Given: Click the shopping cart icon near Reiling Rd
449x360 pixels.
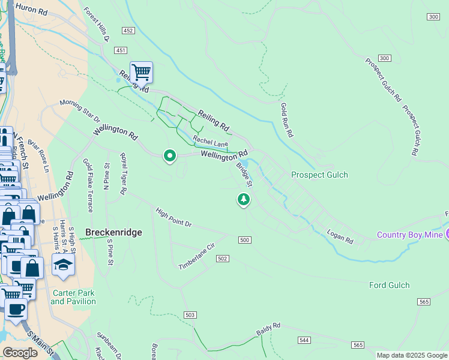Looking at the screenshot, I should click(141, 73).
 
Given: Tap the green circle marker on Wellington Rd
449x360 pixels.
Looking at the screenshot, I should click(170, 156).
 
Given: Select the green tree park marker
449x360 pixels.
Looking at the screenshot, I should click(243, 199).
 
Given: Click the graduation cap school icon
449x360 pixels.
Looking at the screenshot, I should click(62, 264).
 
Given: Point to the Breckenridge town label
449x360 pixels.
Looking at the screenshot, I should click(113, 232).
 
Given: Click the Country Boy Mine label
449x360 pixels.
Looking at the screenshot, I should click(410, 234).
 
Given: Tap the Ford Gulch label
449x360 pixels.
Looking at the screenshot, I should click(389, 285).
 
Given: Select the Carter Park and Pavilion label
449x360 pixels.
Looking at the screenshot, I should click(73, 297).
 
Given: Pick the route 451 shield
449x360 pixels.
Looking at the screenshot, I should click(121, 51).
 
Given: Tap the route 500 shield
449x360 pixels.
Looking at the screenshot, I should click(244, 240).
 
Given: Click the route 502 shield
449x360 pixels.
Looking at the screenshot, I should click(222, 258).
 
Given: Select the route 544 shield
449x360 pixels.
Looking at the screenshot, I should click(304, 340).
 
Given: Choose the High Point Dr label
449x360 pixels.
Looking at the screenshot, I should click(173, 218).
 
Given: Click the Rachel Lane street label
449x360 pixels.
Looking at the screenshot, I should click(210, 143).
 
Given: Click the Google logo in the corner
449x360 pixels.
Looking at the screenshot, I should click(20, 353).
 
